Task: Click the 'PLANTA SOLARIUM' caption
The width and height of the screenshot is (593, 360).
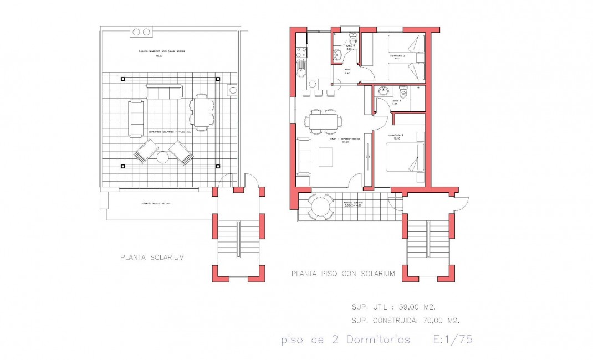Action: tap(152, 258)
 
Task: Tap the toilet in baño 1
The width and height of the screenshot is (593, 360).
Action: tap(403, 94)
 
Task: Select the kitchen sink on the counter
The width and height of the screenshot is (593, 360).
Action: tap(301, 70)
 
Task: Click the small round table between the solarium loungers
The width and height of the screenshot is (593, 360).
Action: tap(163, 157)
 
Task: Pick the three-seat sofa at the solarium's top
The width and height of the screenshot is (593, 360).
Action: tap(163, 91)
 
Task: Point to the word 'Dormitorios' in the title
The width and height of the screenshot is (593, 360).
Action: tap(379, 340)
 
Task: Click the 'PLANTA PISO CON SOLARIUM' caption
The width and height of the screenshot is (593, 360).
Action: tap(343, 274)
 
